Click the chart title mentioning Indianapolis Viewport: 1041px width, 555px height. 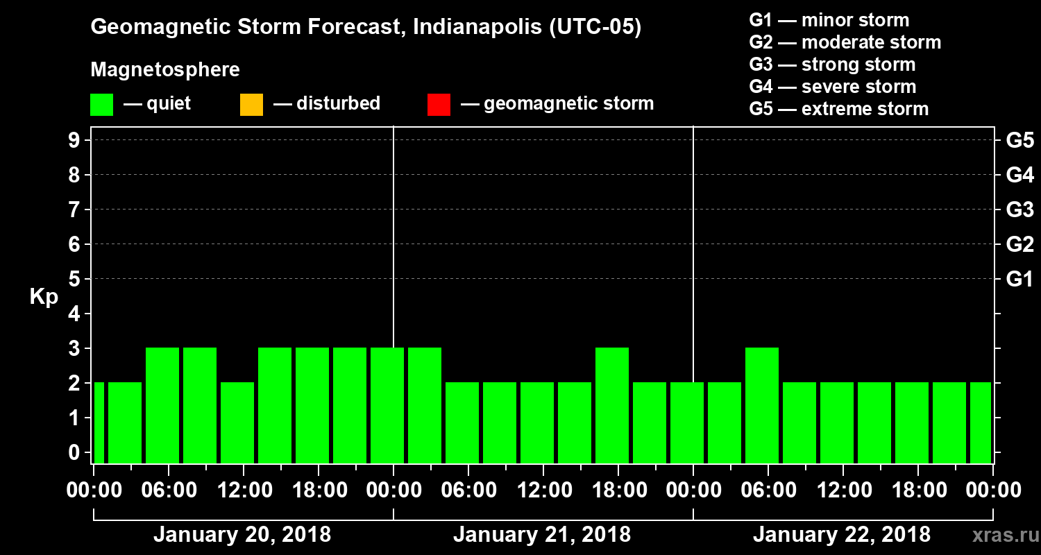tap(366, 28)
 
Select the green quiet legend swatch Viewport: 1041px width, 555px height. tap(101, 105)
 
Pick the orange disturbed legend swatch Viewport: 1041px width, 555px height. tap(251, 105)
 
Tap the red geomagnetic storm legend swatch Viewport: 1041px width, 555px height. tap(439, 105)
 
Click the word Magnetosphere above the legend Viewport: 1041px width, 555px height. tap(165, 70)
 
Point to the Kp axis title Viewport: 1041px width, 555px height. tap(44, 297)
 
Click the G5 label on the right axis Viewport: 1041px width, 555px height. tap(1019, 140)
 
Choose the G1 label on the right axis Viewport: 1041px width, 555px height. tap(1019, 280)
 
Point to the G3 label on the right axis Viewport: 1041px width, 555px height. tap(1019, 210)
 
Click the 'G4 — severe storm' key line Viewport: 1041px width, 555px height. tap(832, 87)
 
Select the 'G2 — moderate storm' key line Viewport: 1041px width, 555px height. tap(845, 42)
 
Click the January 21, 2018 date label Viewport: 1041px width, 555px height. tap(542, 535)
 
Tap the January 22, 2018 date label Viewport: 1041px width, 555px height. tap(841, 535)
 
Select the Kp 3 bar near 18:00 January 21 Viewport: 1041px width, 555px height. tap(612, 405)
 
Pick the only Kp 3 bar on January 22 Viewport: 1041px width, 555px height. tap(762, 405)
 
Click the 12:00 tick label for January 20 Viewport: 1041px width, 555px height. tap(244, 490)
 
